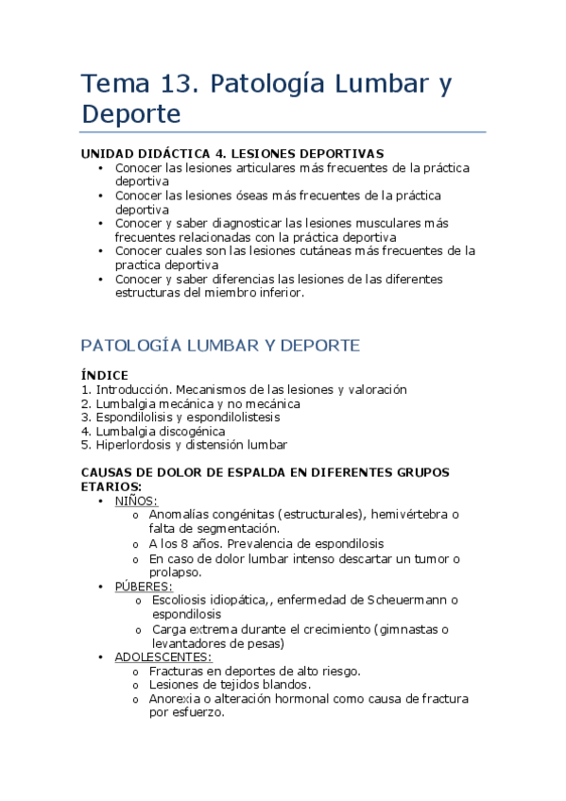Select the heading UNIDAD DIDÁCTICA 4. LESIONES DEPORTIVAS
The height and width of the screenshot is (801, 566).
(232, 154)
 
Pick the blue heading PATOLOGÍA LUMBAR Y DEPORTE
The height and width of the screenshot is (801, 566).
(220, 346)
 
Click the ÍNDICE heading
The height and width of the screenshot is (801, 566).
(105, 375)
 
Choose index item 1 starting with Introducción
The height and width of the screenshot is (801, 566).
(244, 389)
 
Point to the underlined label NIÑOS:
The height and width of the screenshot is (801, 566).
(136, 501)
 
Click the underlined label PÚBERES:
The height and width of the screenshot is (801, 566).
(144, 587)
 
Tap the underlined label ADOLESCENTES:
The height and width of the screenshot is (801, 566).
(163, 657)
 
